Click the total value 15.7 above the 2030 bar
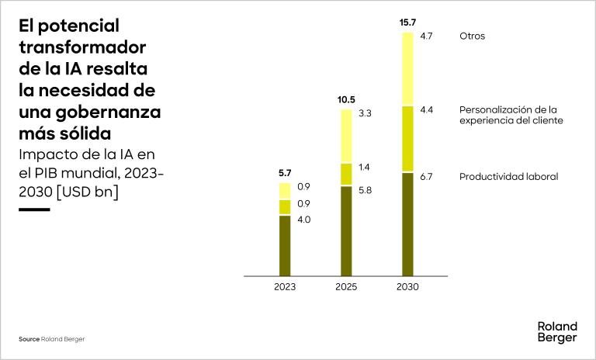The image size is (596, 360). (407, 23)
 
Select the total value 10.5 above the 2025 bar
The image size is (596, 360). (346, 100)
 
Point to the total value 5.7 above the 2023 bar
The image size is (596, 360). (285, 174)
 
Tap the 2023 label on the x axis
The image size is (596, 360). (285, 287)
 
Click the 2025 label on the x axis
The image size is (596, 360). (346, 287)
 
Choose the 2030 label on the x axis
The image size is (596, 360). (407, 287)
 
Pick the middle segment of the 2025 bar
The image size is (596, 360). (346, 174)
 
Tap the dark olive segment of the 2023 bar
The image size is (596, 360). (285, 245)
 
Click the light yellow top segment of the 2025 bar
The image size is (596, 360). (346, 136)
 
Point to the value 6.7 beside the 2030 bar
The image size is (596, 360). (426, 177)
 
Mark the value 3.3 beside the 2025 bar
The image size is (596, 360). (365, 113)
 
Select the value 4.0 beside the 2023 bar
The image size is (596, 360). (303, 220)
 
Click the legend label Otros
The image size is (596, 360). (472, 36)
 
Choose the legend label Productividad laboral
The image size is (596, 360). (508, 177)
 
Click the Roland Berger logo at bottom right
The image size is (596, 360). (557, 332)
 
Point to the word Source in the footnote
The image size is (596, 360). (29, 340)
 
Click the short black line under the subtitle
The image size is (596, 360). (34, 209)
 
